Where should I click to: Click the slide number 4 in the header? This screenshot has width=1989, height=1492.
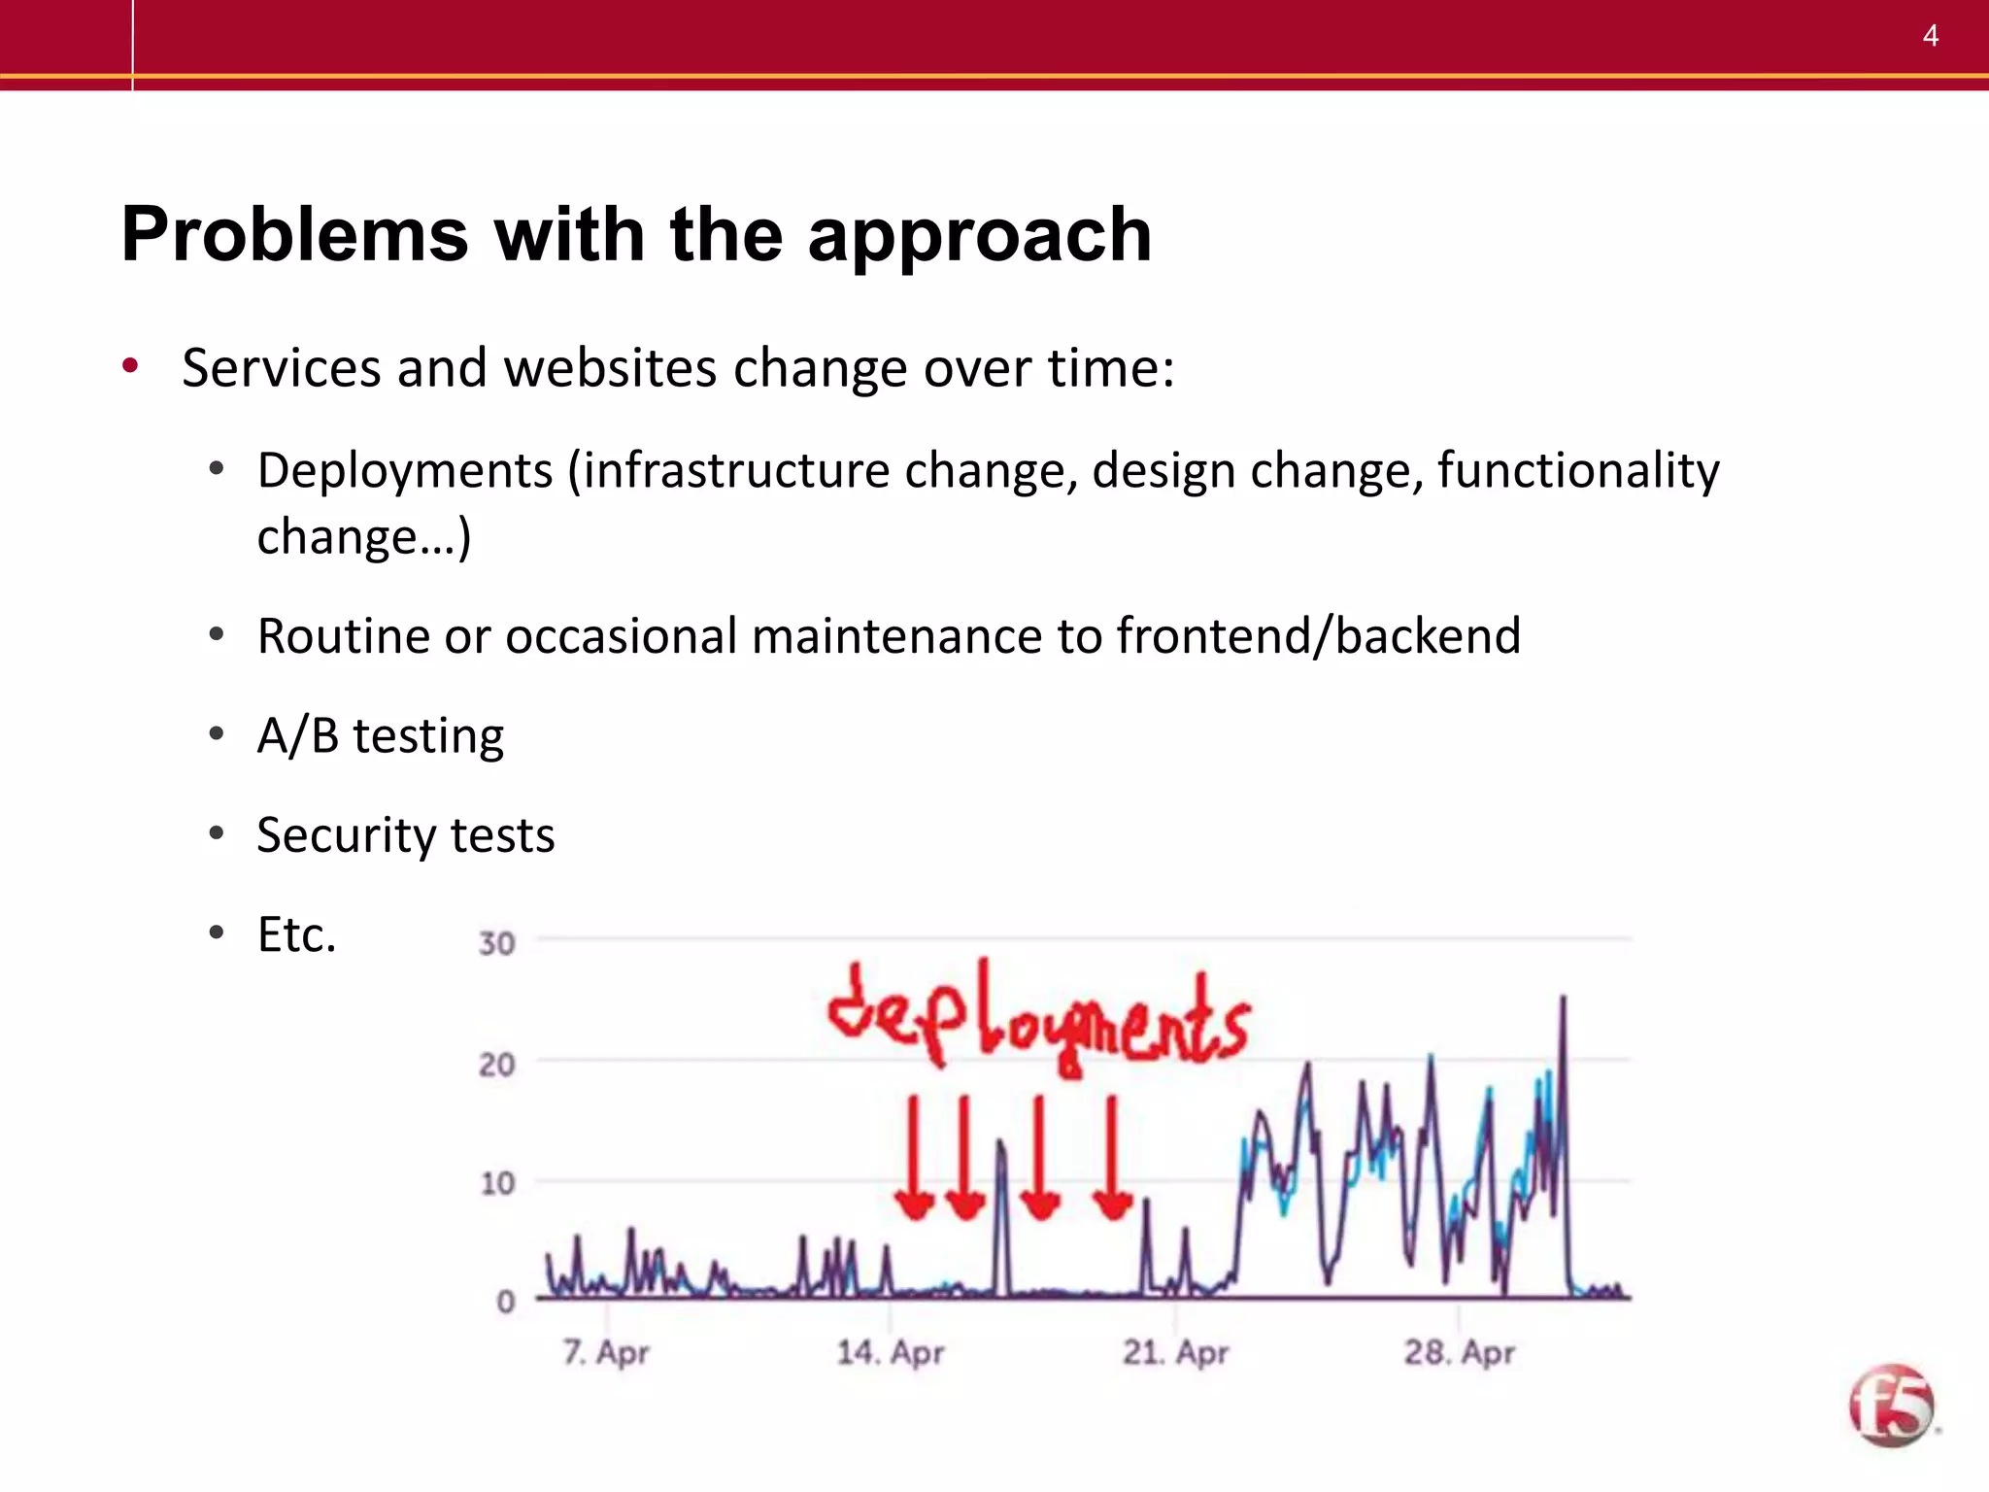tap(1930, 36)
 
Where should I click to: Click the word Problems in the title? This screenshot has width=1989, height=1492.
tap(295, 235)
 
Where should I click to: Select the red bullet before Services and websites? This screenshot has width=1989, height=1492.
tap(130, 366)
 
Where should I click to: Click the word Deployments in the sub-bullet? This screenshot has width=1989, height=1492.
tap(405, 470)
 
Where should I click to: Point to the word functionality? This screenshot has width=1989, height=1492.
tap(1577, 470)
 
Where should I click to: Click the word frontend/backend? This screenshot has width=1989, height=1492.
tap(1318, 636)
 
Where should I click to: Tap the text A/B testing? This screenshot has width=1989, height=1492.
tap(380, 735)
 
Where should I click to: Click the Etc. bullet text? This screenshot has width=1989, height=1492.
tap(296, 934)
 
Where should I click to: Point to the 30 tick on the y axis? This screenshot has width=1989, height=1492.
tap(496, 943)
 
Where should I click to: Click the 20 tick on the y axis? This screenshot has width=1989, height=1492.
tap(496, 1065)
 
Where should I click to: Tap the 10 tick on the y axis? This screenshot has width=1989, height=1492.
tap(496, 1183)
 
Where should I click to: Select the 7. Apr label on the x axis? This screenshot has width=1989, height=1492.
tap(606, 1351)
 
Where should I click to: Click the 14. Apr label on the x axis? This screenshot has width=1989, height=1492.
tap(890, 1351)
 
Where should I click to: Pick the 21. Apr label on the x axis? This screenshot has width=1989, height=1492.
tap(1175, 1351)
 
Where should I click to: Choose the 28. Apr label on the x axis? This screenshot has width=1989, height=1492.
tap(1459, 1351)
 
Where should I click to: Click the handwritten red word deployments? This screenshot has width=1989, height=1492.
tap(1037, 1020)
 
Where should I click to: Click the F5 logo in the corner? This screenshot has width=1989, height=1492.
tap(1891, 1406)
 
